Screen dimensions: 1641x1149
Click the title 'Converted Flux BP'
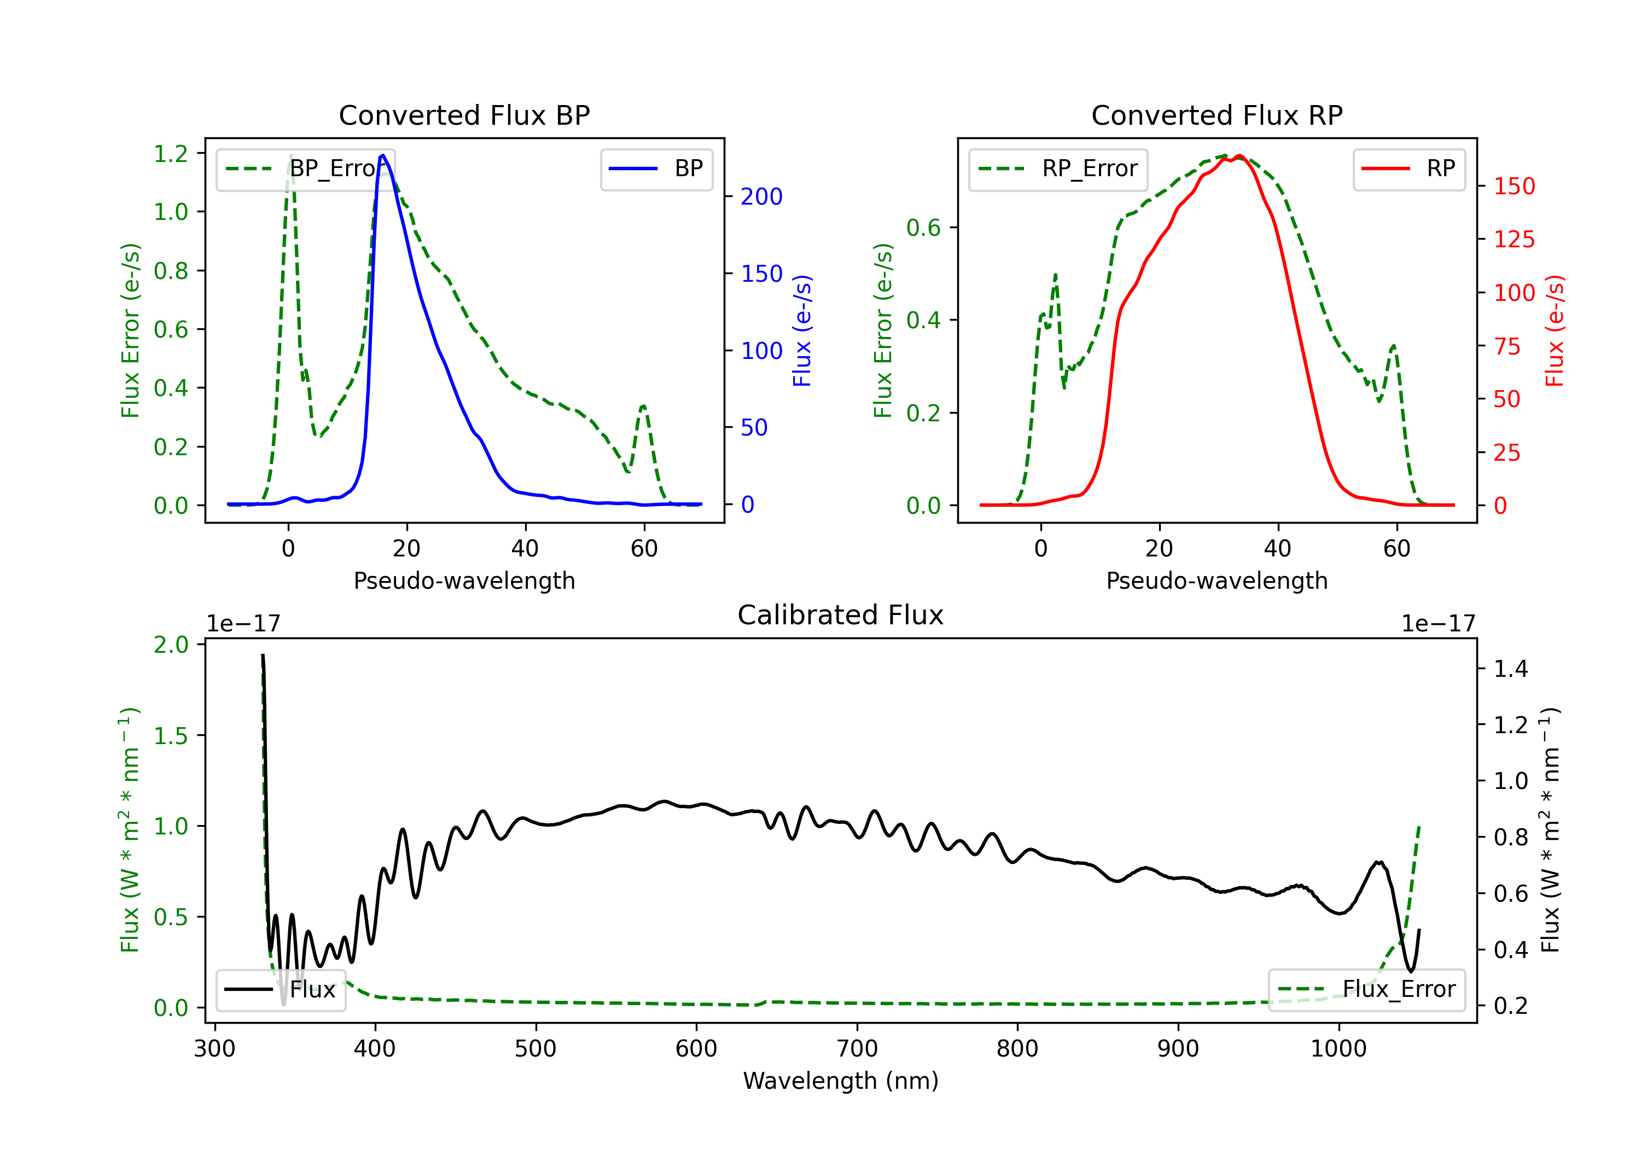[x=464, y=115]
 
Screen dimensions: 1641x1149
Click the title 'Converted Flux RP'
[x=1217, y=115]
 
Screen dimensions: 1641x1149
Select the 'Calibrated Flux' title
[x=841, y=615]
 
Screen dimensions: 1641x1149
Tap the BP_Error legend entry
[x=306, y=169]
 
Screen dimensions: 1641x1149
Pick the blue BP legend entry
[x=656, y=169]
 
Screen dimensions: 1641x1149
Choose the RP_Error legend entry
[x=1058, y=169]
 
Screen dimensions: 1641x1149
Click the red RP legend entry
[x=1409, y=169]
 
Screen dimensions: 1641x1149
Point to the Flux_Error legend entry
[x=1366, y=990]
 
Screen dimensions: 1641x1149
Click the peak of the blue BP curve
[x=383, y=155]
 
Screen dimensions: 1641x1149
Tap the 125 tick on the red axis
[x=1514, y=240]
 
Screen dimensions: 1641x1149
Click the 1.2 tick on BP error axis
[x=171, y=154]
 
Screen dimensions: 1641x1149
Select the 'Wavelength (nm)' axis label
[x=841, y=1081]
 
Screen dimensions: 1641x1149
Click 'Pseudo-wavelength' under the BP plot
[x=464, y=581]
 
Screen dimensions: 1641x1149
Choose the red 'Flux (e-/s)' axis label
[x=1555, y=330]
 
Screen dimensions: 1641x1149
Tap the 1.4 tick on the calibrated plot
[x=1510, y=669]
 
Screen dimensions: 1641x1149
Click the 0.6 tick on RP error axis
[x=923, y=228]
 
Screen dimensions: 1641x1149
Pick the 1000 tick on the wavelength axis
[x=1338, y=1049]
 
